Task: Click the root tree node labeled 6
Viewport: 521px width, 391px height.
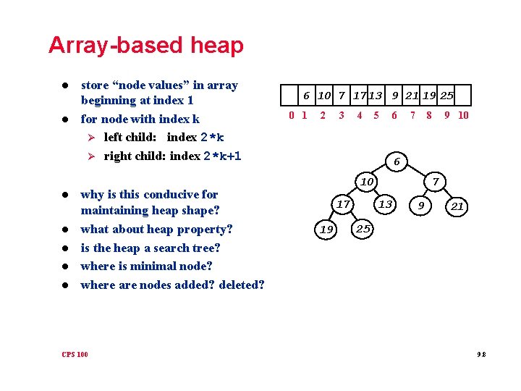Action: (x=396, y=161)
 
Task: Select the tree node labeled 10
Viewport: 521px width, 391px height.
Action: (x=367, y=180)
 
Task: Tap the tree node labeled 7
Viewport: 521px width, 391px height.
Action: (x=435, y=180)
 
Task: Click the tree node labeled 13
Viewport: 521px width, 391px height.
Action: (x=386, y=205)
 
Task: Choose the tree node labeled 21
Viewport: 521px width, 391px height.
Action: (x=457, y=207)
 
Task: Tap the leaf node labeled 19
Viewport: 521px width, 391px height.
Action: (x=326, y=230)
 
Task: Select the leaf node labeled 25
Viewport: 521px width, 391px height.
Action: (x=363, y=230)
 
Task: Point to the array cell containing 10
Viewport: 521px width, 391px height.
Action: (x=324, y=96)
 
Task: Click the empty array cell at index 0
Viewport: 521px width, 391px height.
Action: (x=292, y=96)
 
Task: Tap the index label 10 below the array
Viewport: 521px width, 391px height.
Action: (x=463, y=114)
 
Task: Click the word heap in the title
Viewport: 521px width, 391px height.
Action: (x=217, y=46)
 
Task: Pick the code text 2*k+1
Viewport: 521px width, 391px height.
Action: (x=222, y=156)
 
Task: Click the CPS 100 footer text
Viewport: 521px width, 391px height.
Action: (x=75, y=354)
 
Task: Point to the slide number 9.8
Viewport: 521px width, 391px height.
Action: (x=481, y=354)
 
